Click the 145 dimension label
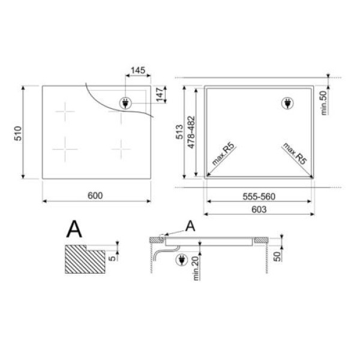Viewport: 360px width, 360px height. pyautogui.click(x=138, y=70)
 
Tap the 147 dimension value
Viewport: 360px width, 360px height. pyautogui.click(x=160, y=94)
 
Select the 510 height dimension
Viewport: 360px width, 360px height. pyautogui.click(x=18, y=133)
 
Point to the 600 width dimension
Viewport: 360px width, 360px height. pyautogui.click(x=95, y=196)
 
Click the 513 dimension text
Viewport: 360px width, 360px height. pyautogui.click(x=179, y=132)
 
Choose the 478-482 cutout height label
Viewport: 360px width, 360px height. pyautogui.click(x=191, y=132)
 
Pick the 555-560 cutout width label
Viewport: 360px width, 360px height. pyautogui.click(x=259, y=197)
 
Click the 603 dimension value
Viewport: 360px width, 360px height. pyautogui.click(x=259, y=209)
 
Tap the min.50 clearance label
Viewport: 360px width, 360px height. pyautogui.click(x=323, y=103)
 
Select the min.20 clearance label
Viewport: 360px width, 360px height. pyautogui.click(x=196, y=268)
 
